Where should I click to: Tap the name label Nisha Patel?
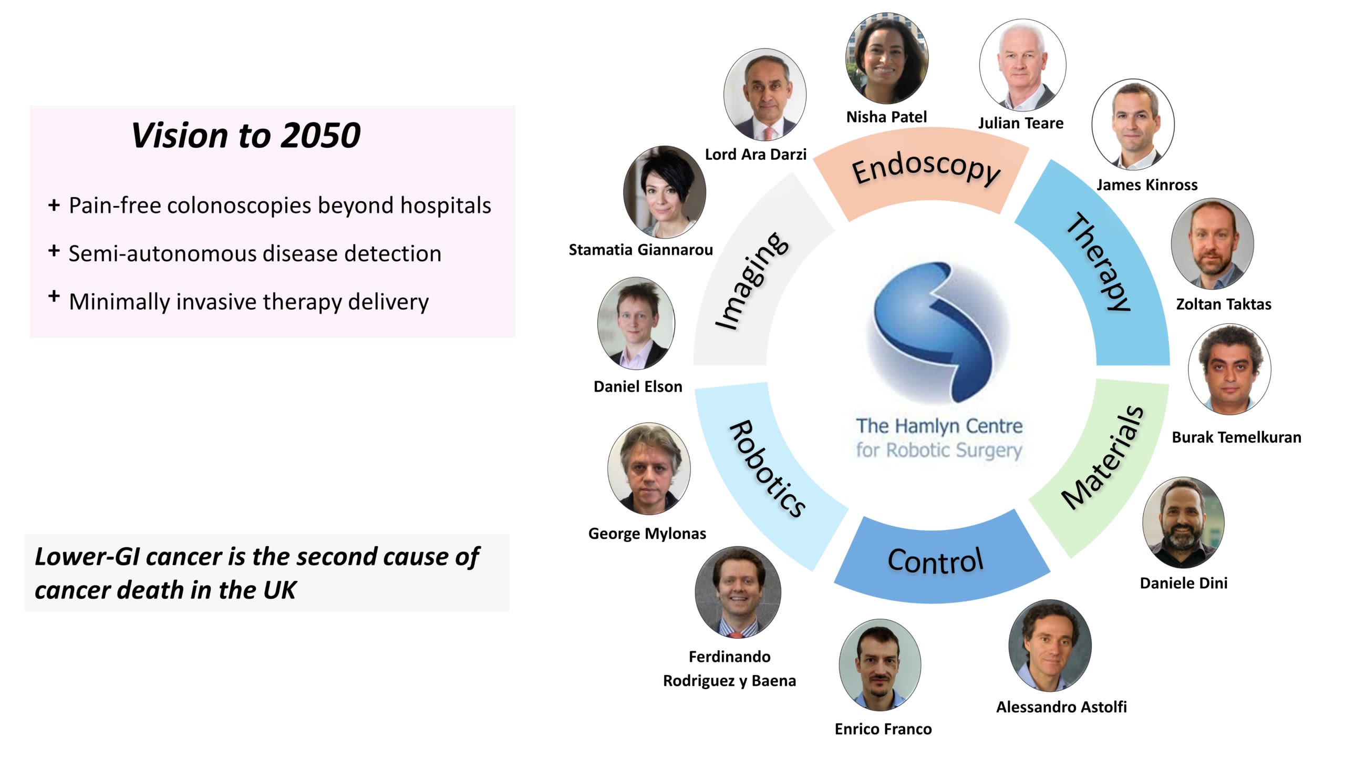click(886, 117)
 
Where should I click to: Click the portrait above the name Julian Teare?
click(1022, 65)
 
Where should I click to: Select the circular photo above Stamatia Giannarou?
click(665, 192)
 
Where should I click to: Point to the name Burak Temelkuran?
click(1236, 437)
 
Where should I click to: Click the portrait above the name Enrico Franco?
click(880, 665)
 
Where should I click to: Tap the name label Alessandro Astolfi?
click(1061, 707)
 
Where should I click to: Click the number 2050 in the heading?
click(320, 136)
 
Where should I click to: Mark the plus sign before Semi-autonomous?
click(54, 251)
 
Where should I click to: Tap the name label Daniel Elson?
click(638, 387)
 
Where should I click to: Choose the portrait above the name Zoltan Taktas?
click(1213, 244)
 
